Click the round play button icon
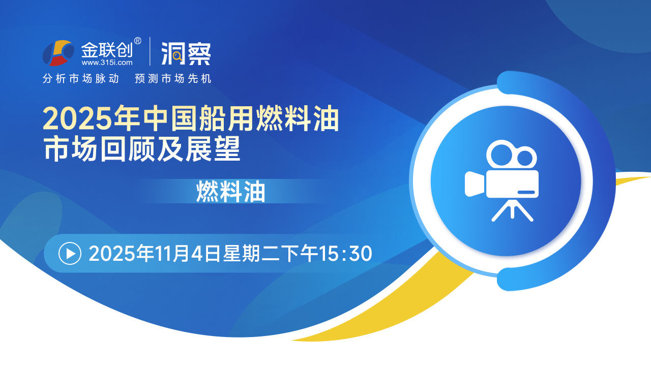(70, 254)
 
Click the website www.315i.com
(107, 63)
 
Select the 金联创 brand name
(107, 50)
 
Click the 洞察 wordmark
(186, 54)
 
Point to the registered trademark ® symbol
(138, 41)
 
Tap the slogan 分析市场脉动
(81, 79)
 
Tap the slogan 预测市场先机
(173, 79)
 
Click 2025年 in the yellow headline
(91, 119)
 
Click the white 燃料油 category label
(231, 192)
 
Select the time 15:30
(345, 254)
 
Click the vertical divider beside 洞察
(150, 51)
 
